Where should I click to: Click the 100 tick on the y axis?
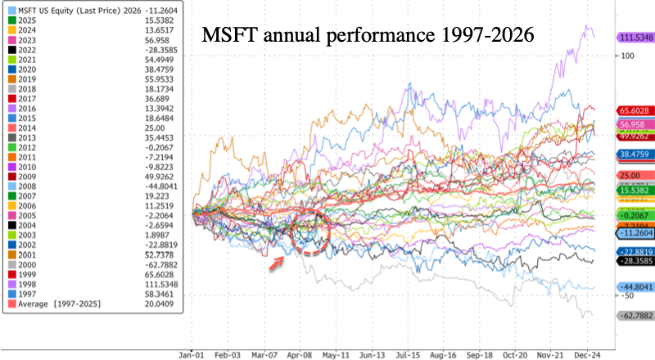point(626,56)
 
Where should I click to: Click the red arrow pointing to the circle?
point(277,260)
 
